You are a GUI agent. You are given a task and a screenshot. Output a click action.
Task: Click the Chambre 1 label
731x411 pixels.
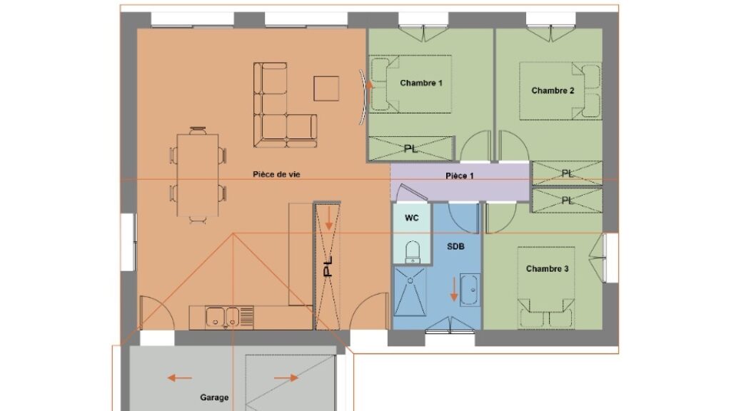point(421,83)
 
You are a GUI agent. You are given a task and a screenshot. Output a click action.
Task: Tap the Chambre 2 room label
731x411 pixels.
point(553,91)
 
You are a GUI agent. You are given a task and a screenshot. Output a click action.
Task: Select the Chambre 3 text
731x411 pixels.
point(547,268)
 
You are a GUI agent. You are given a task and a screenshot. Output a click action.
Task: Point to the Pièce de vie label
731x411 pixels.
point(276,174)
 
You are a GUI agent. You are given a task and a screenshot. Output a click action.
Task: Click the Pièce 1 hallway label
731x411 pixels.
point(459,176)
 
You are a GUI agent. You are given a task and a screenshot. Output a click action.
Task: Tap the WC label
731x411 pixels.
point(411,218)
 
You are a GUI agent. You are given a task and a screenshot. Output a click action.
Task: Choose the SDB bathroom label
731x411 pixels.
point(455,246)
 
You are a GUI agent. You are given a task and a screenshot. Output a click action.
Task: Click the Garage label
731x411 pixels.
point(214,397)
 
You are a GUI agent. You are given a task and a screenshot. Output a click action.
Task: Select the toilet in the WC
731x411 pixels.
point(412,252)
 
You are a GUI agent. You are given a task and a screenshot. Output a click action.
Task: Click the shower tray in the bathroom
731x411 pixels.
point(410,291)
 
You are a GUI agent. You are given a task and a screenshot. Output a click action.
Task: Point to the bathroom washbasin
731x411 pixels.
point(469,290)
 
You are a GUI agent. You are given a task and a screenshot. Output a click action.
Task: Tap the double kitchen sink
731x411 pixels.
point(223,318)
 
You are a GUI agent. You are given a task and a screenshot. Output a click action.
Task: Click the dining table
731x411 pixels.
point(198,176)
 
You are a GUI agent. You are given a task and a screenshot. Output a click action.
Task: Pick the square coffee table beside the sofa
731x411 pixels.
point(326,88)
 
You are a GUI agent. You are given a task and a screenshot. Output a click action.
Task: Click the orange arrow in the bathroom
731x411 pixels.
point(453,289)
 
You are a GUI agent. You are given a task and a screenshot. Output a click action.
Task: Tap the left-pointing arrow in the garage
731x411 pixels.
point(179,377)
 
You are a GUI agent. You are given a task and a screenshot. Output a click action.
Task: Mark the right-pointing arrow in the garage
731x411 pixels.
point(286,377)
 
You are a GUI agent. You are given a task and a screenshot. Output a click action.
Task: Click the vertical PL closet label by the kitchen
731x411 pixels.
point(328,267)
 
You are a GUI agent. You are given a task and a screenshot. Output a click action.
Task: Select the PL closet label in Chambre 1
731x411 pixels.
point(410,148)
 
